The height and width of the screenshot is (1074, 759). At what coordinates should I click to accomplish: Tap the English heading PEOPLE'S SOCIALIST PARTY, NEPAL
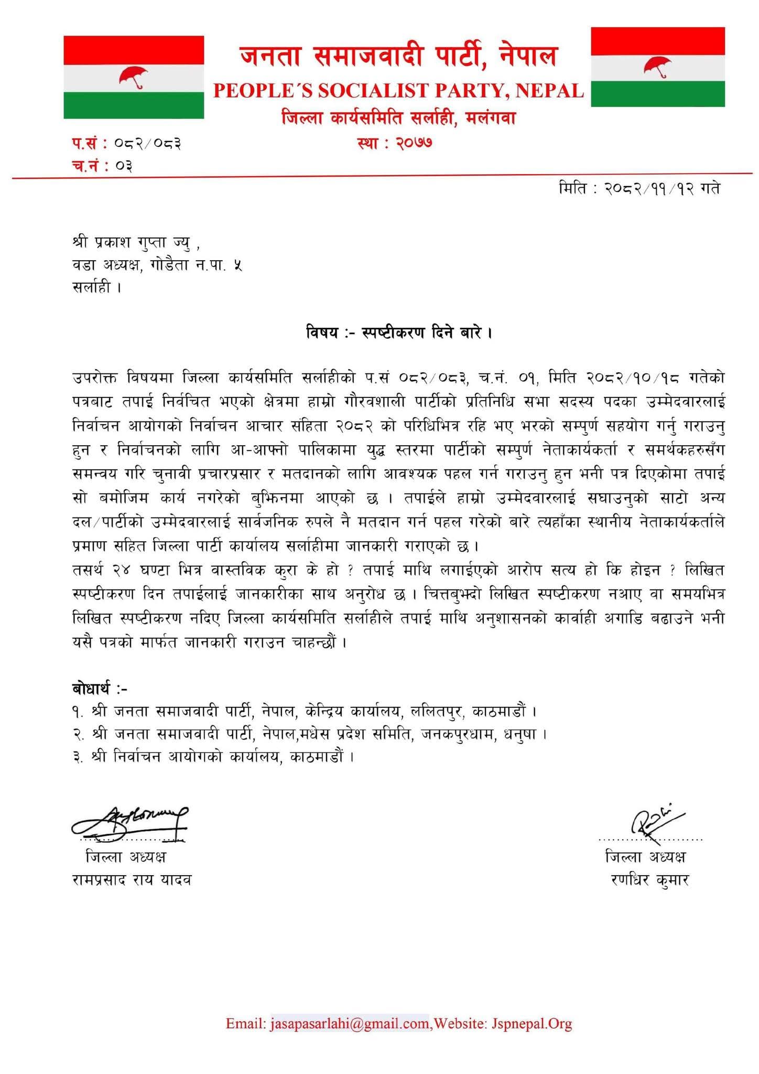[x=398, y=91]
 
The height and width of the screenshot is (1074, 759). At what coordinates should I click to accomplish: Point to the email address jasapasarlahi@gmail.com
[x=350, y=1023]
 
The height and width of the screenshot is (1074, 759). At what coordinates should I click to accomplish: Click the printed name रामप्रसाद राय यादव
[x=131, y=879]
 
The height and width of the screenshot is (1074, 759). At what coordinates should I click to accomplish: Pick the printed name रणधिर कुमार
[x=649, y=879]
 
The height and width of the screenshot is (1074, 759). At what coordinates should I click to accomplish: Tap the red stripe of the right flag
[x=657, y=40]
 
